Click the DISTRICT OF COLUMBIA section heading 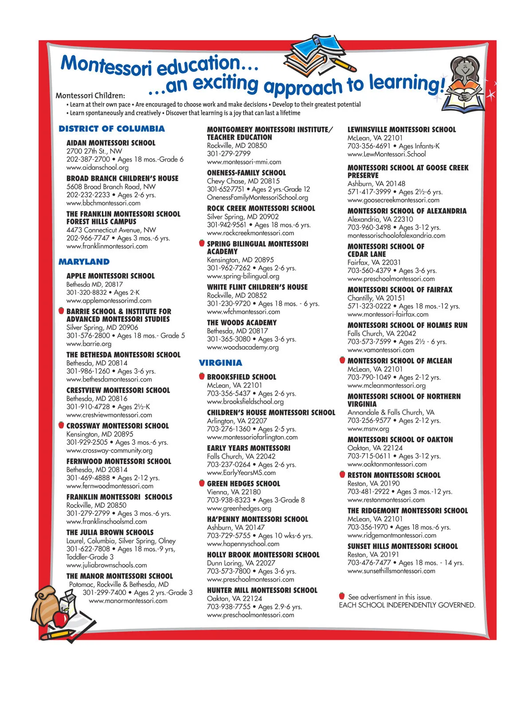pos(111,129)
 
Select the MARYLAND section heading pos(84,262)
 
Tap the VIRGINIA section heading pos(220,363)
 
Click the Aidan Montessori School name pos(111,143)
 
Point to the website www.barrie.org pos(89,344)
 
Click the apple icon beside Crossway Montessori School pos(61,425)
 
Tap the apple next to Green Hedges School pos(202,483)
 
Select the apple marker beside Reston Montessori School pos(342,474)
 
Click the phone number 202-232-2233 pos(88,195)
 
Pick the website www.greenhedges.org pos(239,508)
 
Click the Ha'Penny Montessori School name pos(257,519)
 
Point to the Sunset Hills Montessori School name pos(403,546)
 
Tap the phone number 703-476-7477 pos(369,563)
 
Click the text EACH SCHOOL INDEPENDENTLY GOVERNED pos(407,605)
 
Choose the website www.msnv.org pos(368,429)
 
